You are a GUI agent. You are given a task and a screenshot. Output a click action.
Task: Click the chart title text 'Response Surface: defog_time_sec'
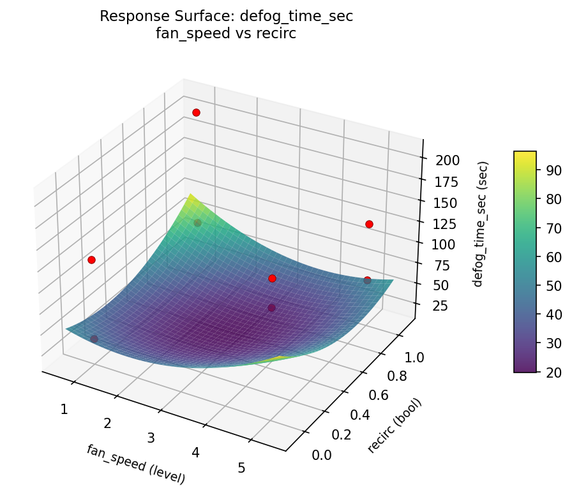(226, 17)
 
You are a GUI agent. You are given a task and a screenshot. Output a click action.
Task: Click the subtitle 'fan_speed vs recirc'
(226, 34)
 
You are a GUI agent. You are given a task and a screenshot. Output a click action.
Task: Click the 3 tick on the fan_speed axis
(151, 438)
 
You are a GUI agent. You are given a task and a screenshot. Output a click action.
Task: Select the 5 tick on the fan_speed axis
(241, 468)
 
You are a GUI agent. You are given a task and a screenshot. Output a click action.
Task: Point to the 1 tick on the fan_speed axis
(64, 409)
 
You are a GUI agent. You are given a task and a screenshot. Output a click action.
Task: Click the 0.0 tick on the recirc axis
(322, 454)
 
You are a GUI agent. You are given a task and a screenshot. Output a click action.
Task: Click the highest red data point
(196, 112)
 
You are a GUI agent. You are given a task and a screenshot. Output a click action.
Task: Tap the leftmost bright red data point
(91, 260)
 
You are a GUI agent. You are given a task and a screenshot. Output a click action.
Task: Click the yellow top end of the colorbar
(525, 154)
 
